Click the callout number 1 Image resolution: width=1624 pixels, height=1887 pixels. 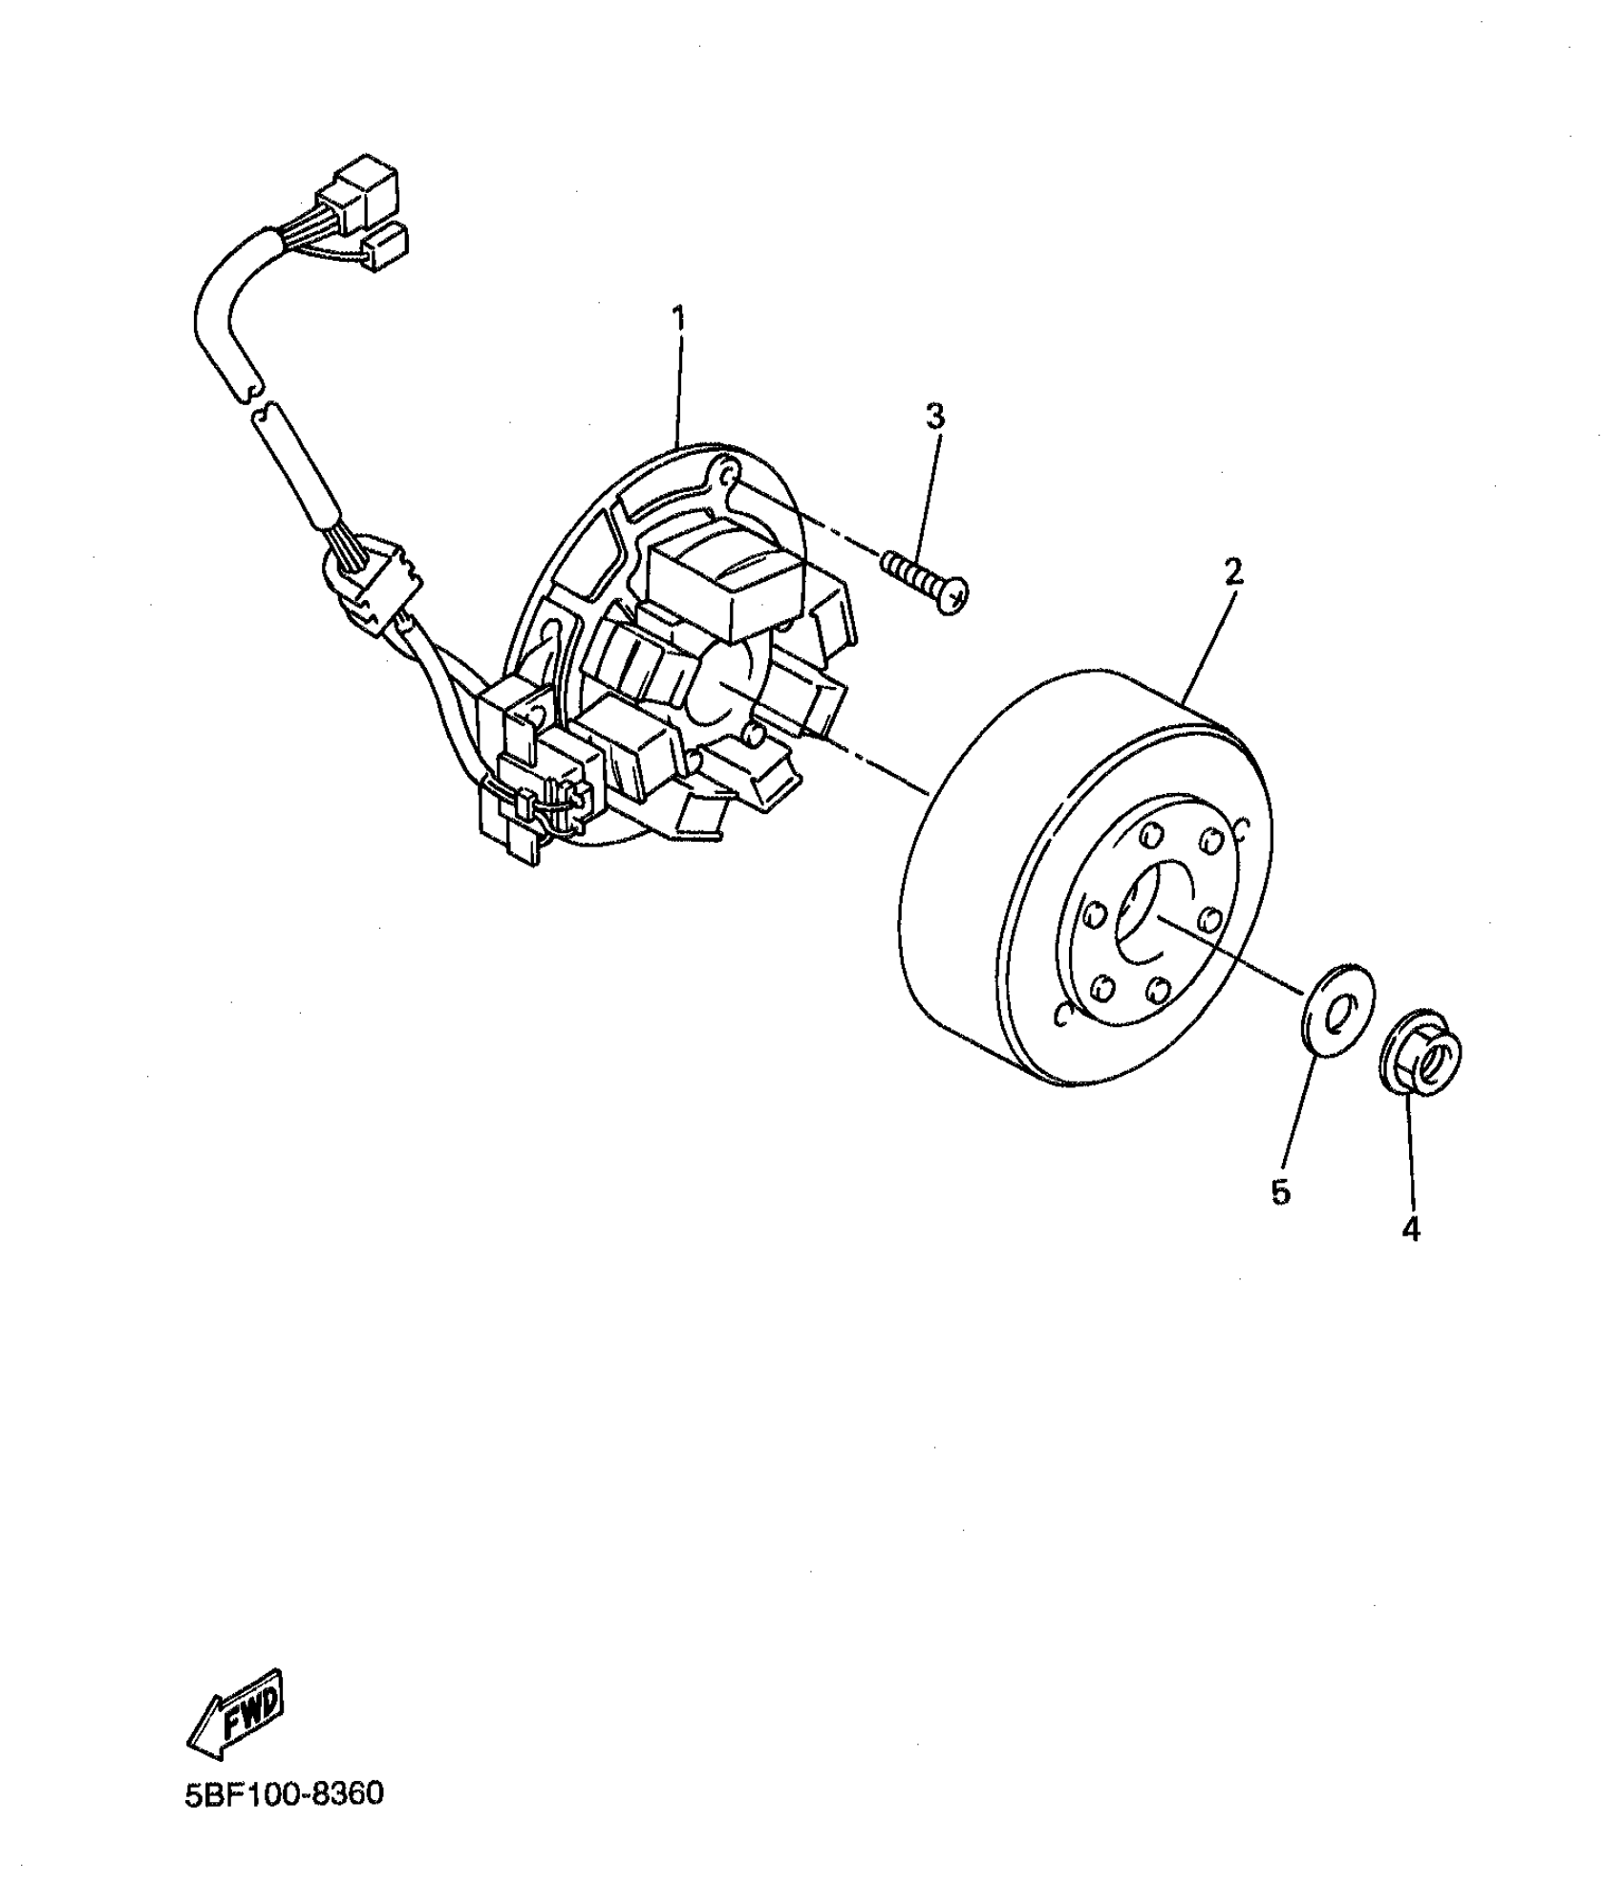[x=679, y=319]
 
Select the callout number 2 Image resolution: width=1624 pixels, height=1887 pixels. [x=1233, y=572]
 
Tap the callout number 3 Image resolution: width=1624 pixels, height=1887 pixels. [x=934, y=417]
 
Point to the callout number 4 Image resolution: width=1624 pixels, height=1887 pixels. [x=1410, y=1231]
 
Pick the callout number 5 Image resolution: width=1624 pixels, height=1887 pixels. [x=1280, y=1191]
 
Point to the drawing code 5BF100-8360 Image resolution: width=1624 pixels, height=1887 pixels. [x=285, y=1794]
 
